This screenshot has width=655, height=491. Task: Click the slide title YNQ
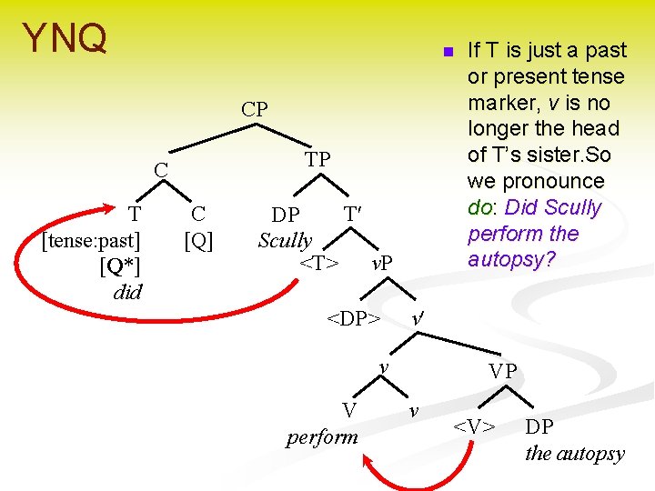[x=65, y=39]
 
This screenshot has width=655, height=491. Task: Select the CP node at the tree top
[x=255, y=109]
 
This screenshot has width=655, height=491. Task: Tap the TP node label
[x=317, y=160]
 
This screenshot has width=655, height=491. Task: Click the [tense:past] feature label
[x=92, y=241]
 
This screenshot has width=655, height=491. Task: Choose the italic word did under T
[x=127, y=292]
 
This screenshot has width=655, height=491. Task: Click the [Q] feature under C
[x=197, y=241]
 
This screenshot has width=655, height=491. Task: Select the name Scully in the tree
[x=285, y=241]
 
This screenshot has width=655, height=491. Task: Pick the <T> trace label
[x=320, y=264]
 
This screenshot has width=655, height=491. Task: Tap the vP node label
[x=382, y=265]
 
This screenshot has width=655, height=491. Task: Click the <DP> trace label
[x=353, y=319]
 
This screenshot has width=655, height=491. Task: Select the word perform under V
[x=322, y=436]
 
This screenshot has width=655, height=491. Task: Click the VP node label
[x=502, y=371]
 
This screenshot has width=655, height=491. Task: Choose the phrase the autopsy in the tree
[x=575, y=453]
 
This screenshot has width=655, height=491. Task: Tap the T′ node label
[x=353, y=215]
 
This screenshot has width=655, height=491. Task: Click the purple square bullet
[x=448, y=52]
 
